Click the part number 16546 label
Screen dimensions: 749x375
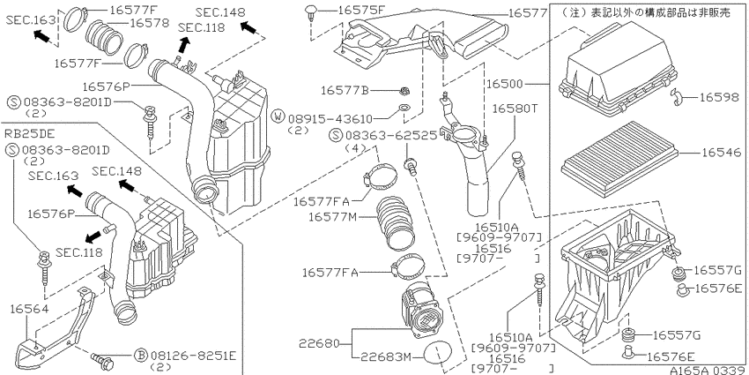[x=722, y=153]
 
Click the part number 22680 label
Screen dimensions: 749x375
[x=319, y=343]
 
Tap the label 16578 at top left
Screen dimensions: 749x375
[x=150, y=22]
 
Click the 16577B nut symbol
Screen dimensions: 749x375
[x=404, y=90]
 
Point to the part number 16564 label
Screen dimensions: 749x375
[x=30, y=310]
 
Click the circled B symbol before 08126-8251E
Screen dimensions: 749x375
[x=141, y=356]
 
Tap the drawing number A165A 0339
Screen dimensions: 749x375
[x=708, y=371]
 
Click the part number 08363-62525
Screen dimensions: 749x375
[x=392, y=136]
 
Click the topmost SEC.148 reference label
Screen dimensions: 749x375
[x=220, y=12]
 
